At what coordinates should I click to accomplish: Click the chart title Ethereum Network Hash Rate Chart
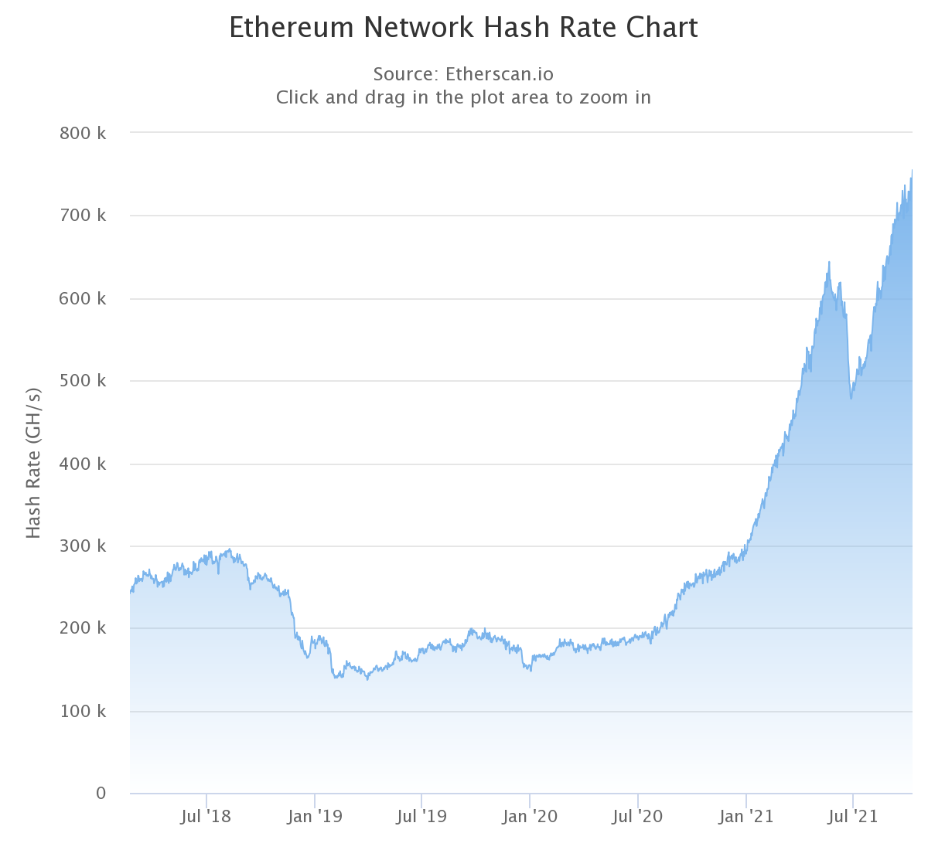coord(463,28)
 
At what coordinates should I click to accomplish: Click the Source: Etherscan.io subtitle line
coord(463,74)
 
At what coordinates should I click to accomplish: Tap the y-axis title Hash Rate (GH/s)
coord(33,463)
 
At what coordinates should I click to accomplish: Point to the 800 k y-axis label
coord(83,133)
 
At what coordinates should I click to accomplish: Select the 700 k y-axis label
coord(83,216)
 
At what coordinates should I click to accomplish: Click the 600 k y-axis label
coord(83,298)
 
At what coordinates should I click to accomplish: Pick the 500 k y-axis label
coord(83,381)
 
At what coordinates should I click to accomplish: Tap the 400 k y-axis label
coord(83,464)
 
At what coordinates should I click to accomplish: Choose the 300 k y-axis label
coord(83,546)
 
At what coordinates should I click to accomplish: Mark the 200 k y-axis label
coord(83,628)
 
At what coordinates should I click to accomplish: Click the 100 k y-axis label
coord(83,711)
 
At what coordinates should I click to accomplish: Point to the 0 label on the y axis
coord(101,794)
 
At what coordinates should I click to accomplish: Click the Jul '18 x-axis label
coord(206,817)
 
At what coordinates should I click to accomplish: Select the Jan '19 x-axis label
coord(314,817)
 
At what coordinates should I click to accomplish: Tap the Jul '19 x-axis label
coord(421,817)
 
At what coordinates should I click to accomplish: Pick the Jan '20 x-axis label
coord(530,817)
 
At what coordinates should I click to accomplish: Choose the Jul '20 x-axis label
coord(637,817)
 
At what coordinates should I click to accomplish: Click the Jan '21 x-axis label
coord(745,817)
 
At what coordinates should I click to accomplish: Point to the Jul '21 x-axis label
coord(853,817)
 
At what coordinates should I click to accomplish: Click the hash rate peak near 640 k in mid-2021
coord(829,263)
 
